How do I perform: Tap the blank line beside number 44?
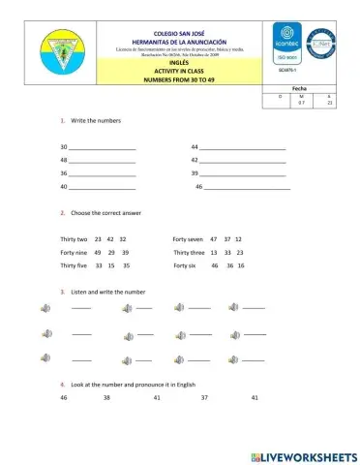click(243, 147)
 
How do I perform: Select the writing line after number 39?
click(243, 173)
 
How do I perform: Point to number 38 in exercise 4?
click(106, 398)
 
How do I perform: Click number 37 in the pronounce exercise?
click(204, 398)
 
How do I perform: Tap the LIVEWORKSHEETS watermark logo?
click(303, 454)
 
